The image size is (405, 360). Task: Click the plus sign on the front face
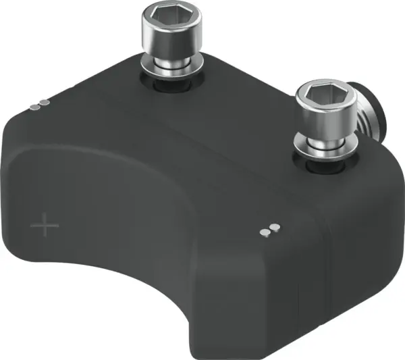point(45,225)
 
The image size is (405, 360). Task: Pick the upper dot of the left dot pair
point(45,103)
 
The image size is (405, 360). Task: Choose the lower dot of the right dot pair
point(265,233)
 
